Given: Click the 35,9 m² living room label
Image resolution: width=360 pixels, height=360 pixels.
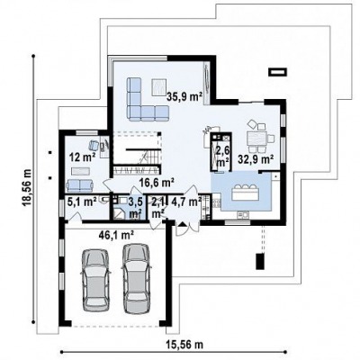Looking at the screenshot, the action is click(184, 96).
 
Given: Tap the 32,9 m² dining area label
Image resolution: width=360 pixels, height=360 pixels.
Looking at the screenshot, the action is click(256, 158).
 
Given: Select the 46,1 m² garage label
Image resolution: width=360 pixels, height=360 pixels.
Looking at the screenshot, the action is click(116, 234).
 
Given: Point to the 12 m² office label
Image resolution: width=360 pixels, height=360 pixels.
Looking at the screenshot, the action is click(83, 157).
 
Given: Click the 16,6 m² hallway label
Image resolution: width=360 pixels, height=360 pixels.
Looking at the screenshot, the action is click(157, 182).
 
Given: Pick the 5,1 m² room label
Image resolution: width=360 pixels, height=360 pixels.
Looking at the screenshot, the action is click(82, 202).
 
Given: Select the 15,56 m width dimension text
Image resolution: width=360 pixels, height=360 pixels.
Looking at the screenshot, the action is click(184, 345).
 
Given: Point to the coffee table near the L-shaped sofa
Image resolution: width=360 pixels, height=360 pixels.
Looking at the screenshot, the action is click(158, 86).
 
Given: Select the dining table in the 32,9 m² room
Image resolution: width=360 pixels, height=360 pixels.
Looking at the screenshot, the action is click(256, 139).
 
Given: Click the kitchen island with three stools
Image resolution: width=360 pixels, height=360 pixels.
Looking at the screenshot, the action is click(245, 193).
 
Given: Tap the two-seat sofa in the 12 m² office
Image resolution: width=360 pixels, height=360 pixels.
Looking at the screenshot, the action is click(79, 185).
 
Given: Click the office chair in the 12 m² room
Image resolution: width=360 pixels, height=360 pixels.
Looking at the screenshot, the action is click(94, 145).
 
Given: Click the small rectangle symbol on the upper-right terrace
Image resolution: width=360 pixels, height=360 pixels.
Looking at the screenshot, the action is click(278, 72).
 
